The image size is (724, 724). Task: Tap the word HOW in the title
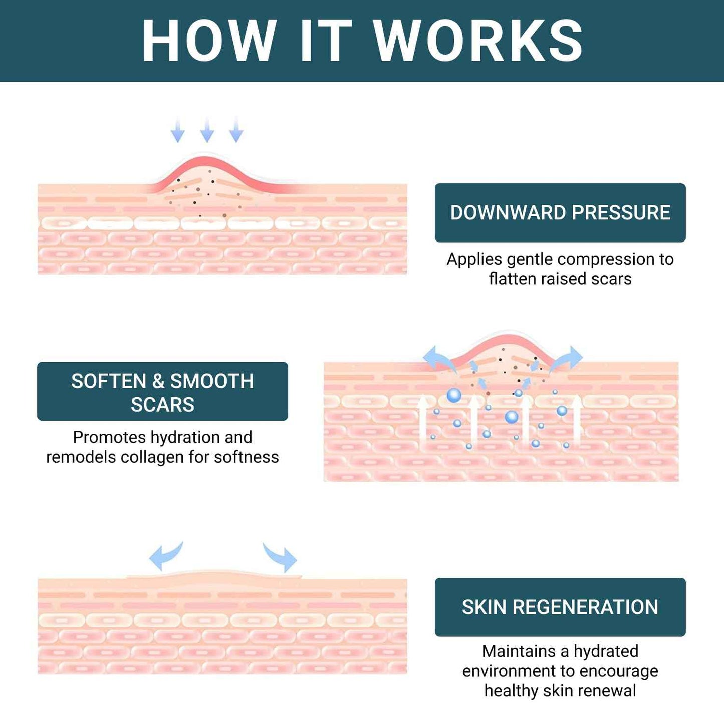pos(209,41)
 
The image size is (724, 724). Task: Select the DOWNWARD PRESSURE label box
pos(560,213)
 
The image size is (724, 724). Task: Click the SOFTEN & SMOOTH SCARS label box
pos(162,392)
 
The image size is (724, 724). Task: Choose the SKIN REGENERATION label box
pos(560,607)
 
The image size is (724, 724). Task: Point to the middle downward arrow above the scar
pos(207,131)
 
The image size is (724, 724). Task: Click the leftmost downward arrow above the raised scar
pos(177,131)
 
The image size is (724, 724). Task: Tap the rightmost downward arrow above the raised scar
pos(236,131)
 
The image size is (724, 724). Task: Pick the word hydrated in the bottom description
pos(606,651)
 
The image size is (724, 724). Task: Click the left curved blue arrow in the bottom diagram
pos(166,556)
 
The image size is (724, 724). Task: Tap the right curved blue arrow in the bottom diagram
pos(281,557)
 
